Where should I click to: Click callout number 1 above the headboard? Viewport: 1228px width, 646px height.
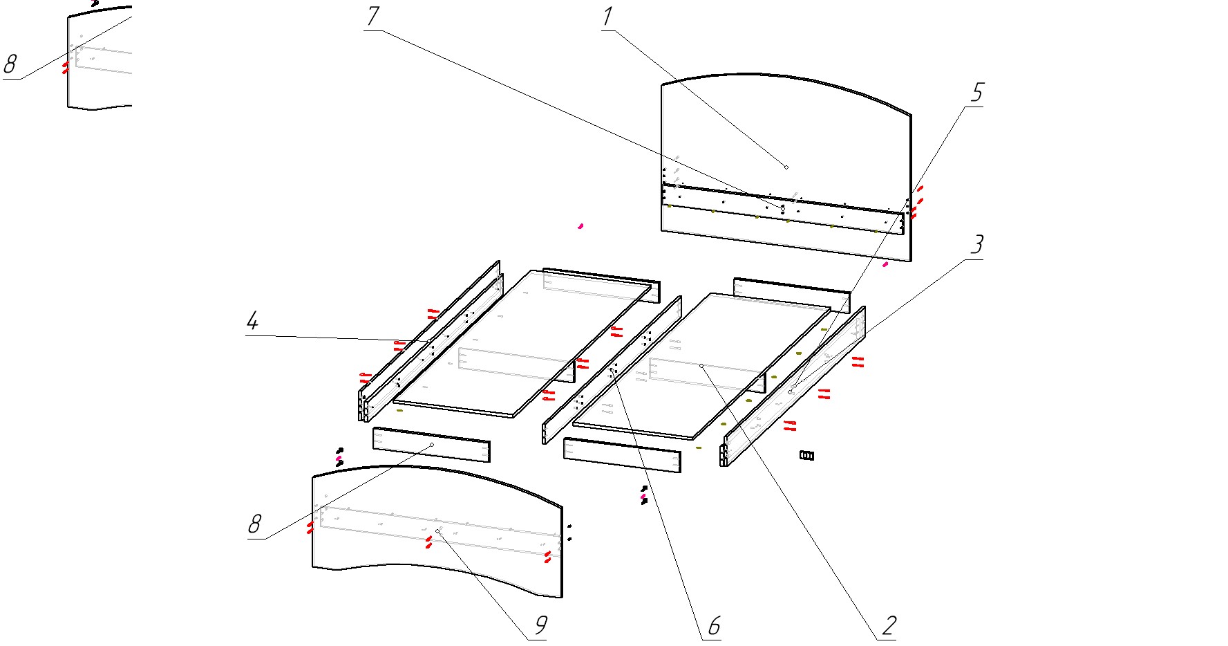click(x=607, y=17)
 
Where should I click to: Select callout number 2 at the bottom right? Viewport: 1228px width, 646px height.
click(x=889, y=625)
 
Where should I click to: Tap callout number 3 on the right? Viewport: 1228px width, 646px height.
click(x=977, y=244)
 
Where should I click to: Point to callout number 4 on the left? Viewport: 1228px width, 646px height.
click(x=253, y=321)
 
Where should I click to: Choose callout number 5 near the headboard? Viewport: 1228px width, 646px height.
click(x=977, y=92)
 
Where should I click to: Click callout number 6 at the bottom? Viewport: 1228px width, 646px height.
click(x=714, y=626)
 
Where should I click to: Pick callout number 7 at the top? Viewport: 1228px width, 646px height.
click(x=373, y=16)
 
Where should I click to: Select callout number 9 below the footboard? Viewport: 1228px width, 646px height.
click(x=541, y=625)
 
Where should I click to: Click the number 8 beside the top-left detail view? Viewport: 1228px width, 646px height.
click(x=10, y=64)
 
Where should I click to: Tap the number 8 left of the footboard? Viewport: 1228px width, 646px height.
click(x=255, y=524)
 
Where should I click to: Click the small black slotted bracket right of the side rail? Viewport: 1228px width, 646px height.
click(x=807, y=455)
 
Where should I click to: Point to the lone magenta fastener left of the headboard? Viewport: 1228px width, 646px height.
click(x=580, y=225)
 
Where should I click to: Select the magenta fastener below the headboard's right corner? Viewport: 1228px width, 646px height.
click(x=885, y=264)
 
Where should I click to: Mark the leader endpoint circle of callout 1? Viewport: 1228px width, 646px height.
click(x=786, y=167)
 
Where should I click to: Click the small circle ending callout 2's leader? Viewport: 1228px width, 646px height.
click(x=701, y=366)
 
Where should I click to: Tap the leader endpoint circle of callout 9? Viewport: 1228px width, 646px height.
click(x=437, y=531)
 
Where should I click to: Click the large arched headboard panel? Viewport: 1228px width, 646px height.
click(x=786, y=166)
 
